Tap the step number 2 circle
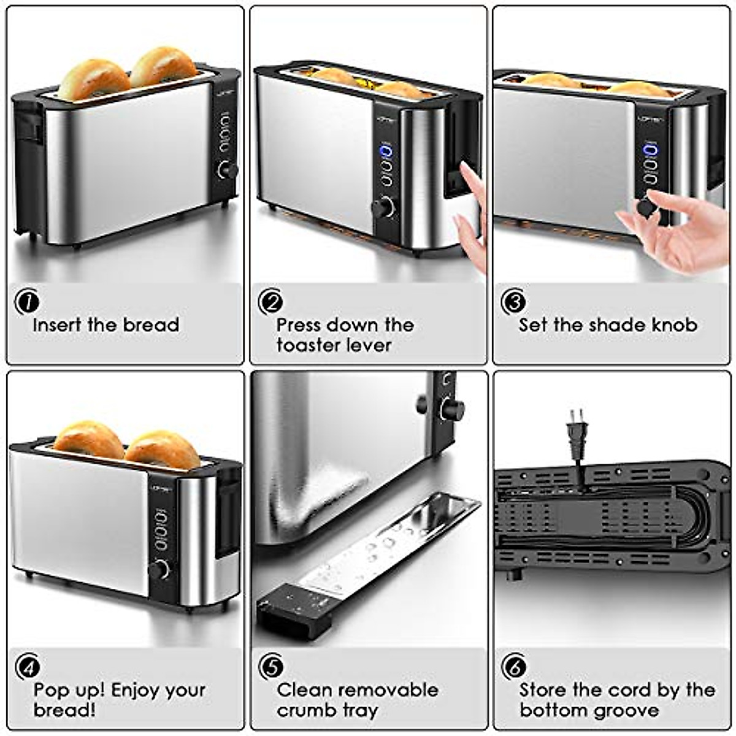270,301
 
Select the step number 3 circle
513,301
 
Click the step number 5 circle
270,667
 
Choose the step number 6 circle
513,667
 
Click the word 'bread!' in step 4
64,710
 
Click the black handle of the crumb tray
294,608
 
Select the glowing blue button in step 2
386,151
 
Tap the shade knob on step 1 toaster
228,170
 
